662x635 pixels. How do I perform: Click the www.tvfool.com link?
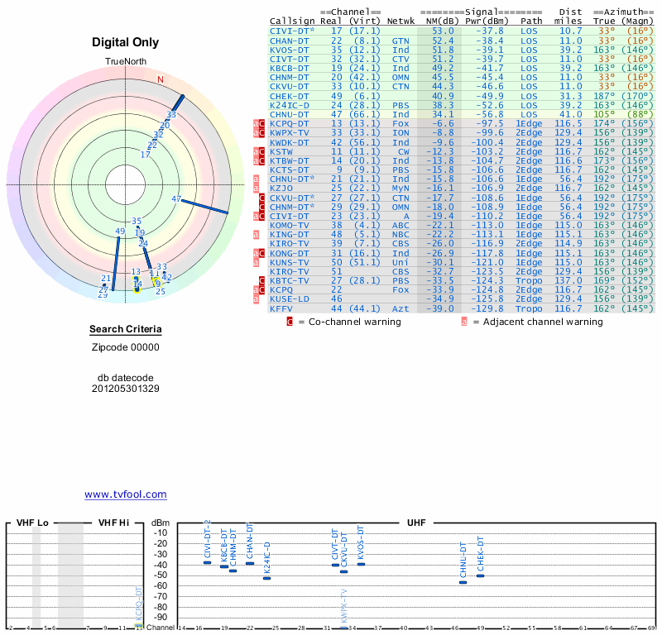[125, 494]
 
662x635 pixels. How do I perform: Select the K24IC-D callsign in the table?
[290, 105]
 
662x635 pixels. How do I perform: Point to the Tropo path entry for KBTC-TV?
[530, 280]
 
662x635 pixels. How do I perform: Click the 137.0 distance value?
[570, 280]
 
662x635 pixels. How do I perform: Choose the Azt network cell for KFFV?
[401, 308]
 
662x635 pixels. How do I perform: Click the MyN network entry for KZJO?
[401, 188]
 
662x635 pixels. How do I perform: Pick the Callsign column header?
[292, 21]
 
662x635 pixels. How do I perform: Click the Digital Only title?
[125, 42]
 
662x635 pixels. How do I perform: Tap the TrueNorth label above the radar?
[125, 62]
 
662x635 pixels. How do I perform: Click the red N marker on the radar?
[161, 79]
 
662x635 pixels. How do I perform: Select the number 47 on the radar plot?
[176, 198]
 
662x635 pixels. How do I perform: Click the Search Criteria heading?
[125, 330]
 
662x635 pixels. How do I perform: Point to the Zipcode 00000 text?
[125, 347]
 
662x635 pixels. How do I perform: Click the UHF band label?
[416, 523]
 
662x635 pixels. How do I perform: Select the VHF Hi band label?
[114, 523]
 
